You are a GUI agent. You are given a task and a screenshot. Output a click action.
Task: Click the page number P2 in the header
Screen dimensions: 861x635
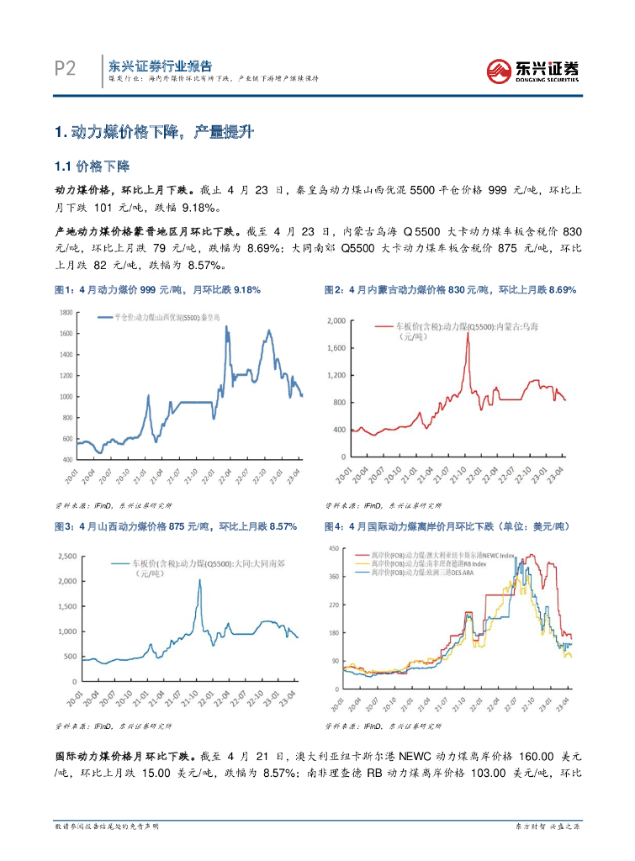(65, 68)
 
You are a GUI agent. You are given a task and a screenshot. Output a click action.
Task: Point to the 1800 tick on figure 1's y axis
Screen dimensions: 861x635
(65, 312)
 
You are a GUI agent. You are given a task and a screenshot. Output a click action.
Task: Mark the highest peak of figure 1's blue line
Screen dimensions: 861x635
(226, 326)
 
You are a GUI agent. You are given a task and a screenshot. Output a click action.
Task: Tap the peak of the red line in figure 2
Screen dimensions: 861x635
(467, 334)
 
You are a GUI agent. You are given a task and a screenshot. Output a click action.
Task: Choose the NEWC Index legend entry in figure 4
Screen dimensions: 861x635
(445, 556)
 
